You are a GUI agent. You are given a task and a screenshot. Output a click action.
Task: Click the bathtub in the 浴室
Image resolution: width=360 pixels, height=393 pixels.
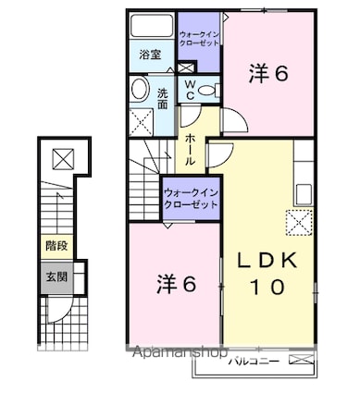pyautogui.click(x=152, y=26)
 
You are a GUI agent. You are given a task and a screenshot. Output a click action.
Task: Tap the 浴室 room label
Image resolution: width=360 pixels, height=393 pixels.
pyautogui.click(x=150, y=55)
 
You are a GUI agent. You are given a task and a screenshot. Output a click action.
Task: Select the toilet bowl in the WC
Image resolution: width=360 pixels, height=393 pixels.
pyautogui.click(x=208, y=91)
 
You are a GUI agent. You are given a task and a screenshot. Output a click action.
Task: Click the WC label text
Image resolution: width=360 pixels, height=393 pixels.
pyautogui.click(x=190, y=90)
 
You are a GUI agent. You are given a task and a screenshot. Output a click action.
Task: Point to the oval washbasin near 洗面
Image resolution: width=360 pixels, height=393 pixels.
pyautogui.click(x=140, y=89)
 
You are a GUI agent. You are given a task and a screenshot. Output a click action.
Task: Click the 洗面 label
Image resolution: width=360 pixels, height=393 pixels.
pyautogui.click(x=163, y=99)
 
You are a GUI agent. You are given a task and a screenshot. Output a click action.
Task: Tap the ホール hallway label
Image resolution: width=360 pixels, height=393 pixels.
pyautogui.click(x=190, y=150)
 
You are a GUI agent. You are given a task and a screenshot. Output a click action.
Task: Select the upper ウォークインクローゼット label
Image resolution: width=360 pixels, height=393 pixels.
pyautogui.click(x=200, y=39)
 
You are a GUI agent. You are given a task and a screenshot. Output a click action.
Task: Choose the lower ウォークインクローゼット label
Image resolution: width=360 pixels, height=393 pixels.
pyautogui.click(x=192, y=199)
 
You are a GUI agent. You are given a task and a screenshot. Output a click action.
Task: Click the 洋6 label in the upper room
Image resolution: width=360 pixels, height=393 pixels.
pyautogui.click(x=268, y=73)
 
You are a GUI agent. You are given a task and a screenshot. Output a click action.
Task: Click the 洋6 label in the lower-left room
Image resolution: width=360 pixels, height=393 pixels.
pyautogui.click(x=177, y=284)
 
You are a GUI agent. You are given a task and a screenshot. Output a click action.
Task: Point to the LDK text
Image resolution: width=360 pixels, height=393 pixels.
pyautogui.click(x=267, y=261)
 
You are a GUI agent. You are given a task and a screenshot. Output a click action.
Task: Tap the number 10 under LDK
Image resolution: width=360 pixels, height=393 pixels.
pyautogui.click(x=267, y=287)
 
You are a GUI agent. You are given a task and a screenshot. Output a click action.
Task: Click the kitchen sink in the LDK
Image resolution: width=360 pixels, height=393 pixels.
pyautogui.click(x=304, y=194)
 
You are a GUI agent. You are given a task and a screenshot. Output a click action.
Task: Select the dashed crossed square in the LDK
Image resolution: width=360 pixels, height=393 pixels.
pyautogui.click(x=300, y=222)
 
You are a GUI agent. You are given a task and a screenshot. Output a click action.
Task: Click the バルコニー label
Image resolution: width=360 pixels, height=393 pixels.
pyautogui.click(x=254, y=362)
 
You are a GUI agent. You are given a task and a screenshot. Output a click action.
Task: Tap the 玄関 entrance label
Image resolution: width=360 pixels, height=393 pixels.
pyautogui.click(x=56, y=276)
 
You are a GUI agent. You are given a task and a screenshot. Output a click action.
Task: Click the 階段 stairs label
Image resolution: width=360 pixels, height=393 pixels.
pyautogui.click(x=56, y=246)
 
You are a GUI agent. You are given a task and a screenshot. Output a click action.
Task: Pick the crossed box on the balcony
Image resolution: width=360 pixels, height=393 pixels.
pyautogui.click(x=302, y=359)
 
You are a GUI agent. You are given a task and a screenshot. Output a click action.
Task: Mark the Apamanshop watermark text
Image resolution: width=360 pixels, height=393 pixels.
pyautogui.click(x=180, y=351)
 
